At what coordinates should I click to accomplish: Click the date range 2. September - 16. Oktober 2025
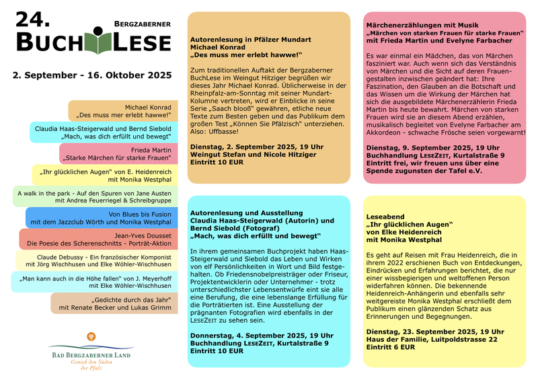(x=92, y=75)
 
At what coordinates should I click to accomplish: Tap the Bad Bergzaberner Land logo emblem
(x=90, y=338)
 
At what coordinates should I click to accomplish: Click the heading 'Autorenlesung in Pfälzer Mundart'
(x=251, y=40)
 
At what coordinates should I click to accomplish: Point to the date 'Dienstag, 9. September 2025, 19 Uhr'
(x=433, y=147)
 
